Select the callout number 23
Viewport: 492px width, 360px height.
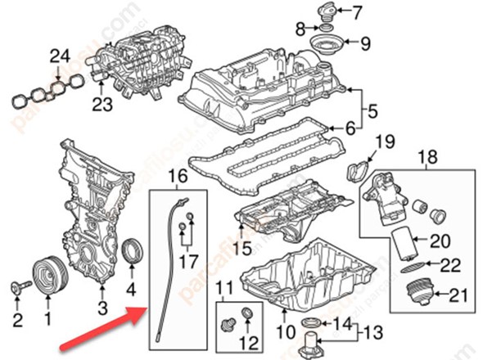101,104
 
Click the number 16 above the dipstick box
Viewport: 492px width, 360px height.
178,176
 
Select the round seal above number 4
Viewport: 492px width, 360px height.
132,251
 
